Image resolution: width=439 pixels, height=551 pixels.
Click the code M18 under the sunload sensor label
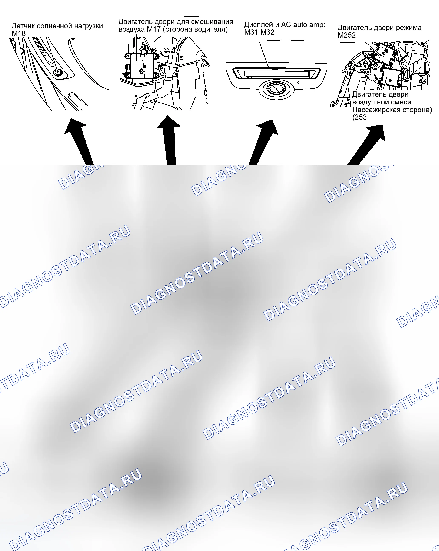click(19, 33)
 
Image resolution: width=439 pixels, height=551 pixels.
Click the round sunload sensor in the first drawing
click(57, 72)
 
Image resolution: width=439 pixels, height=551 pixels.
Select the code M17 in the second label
click(154, 29)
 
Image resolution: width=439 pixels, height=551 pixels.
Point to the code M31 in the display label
click(251, 32)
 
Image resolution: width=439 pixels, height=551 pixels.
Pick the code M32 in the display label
click(267, 32)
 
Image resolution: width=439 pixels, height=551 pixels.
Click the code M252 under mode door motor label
click(347, 35)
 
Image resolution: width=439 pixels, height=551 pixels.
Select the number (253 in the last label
click(359, 117)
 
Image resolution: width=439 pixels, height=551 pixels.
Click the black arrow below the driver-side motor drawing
click(169, 141)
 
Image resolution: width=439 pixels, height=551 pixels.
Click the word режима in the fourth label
click(409, 28)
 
